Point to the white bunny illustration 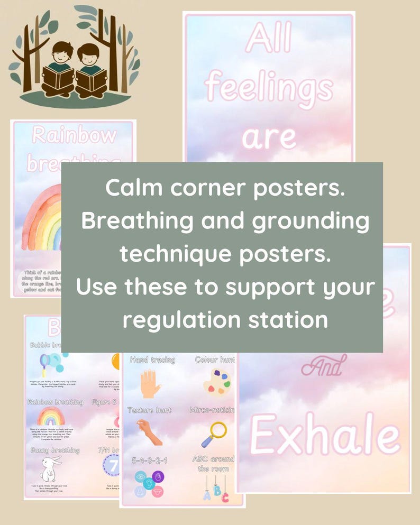pyautogui.click(x=51, y=468)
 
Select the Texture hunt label pyautogui.click(x=149, y=410)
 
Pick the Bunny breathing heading pyautogui.click(x=54, y=450)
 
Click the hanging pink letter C pyautogui.click(x=225, y=496)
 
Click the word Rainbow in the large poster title pyautogui.click(x=74, y=135)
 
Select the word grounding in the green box pyautogui.click(x=310, y=220)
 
